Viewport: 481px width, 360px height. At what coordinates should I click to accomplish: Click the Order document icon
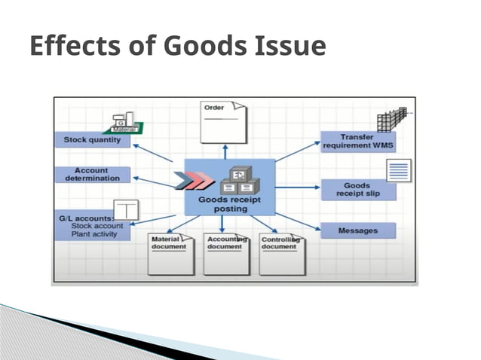coord(222,122)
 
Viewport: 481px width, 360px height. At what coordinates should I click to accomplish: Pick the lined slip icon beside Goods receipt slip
coord(399,170)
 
